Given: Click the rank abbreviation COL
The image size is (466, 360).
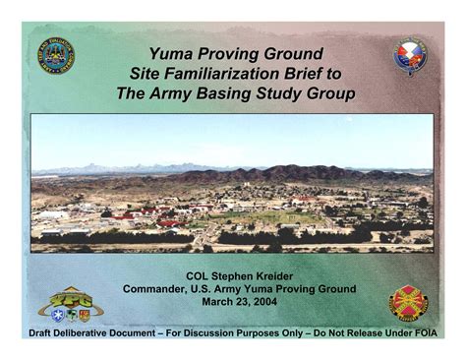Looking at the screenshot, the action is tap(197, 276).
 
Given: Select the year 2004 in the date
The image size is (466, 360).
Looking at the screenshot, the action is tap(264, 301).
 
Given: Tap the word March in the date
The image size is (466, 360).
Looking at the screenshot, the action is tap(215, 301).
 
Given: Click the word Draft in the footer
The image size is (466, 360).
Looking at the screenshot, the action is tap(40, 333).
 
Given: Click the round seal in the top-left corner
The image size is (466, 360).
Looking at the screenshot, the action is tap(56, 55).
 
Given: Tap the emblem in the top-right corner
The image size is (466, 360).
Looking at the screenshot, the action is tap(411, 56).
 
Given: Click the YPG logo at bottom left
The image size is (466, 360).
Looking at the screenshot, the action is tap(71, 305).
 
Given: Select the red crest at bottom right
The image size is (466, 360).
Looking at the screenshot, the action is tap(408, 303).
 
